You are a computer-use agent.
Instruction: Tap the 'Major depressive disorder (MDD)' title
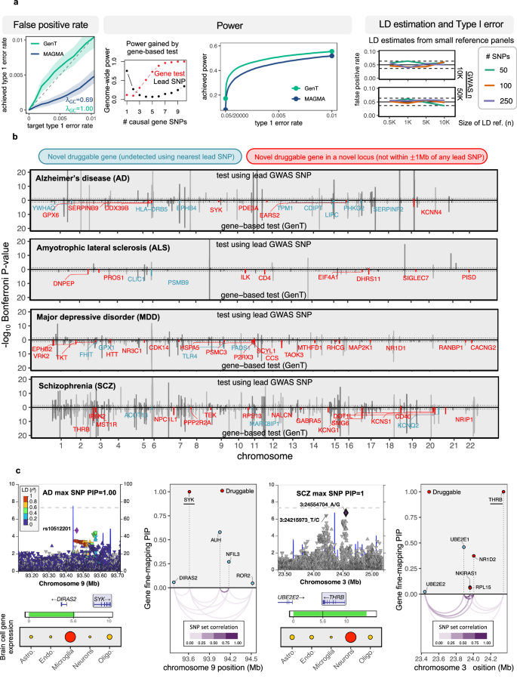point(93,314)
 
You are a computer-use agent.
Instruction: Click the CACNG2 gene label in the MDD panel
point(483,347)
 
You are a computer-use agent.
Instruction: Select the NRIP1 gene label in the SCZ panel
point(463,419)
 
